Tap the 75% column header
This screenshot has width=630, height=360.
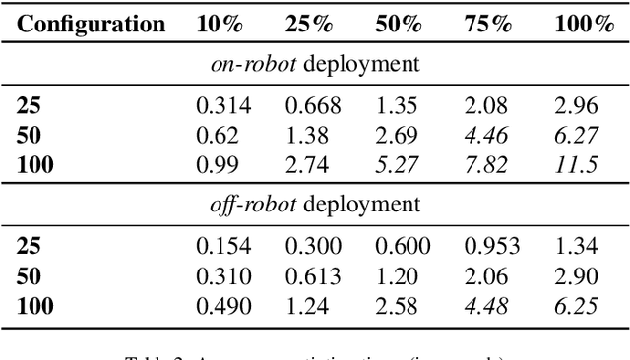488,24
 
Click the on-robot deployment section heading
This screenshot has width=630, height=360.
314,65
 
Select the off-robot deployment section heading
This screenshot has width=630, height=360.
314,206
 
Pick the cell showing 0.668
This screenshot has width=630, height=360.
307,106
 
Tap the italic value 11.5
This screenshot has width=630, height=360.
576,163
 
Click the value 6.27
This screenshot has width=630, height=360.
576,135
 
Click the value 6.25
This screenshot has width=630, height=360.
576,305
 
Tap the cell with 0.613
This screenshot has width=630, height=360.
307,276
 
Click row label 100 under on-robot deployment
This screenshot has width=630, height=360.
35,163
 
